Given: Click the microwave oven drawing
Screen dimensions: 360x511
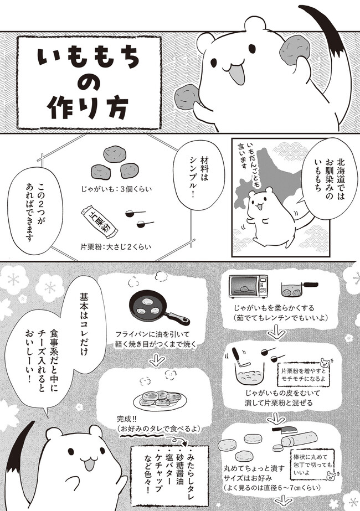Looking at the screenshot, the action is tap(249, 286).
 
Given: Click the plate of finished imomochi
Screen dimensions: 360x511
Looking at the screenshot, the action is tap(160, 398).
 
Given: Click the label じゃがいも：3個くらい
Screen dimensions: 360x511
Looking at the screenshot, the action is tap(116, 189).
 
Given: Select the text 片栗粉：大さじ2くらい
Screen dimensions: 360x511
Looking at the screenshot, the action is tap(116, 247).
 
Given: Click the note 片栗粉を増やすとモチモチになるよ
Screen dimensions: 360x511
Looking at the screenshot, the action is tap(303, 375).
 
